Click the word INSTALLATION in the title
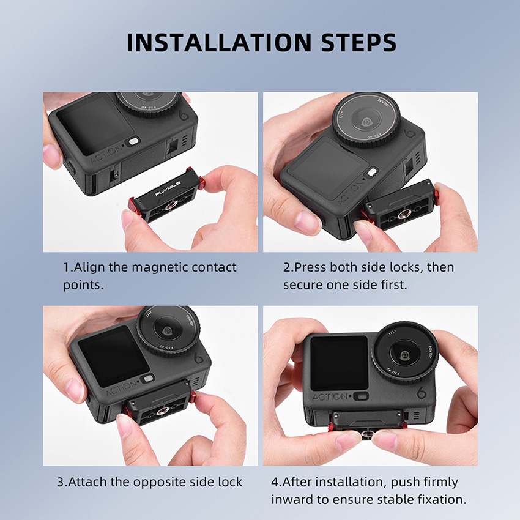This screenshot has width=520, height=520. (x=219, y=42)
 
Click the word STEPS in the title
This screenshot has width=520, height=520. (x=359, y=42)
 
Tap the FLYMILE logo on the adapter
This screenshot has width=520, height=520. (x=168, y=188)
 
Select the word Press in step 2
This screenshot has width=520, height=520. (x=310, y=267)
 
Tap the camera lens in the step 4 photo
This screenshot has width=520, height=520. (x=405, y=353)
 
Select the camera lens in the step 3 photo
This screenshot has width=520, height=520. (x=168, y=330)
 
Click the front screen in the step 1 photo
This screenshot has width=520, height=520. (x=95, y=125)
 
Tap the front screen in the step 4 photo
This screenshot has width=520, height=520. (x=340, y=363)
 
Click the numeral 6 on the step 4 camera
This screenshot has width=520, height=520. (x=421, y=392)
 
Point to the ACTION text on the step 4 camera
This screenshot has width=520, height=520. (x=330, y=397)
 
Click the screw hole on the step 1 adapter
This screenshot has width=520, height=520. (x=172, y=207)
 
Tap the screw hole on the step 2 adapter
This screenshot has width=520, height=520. (x=404, y=214)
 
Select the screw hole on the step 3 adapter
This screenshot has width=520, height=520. (x=162, y=412)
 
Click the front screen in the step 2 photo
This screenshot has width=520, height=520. (x=328, y=168)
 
